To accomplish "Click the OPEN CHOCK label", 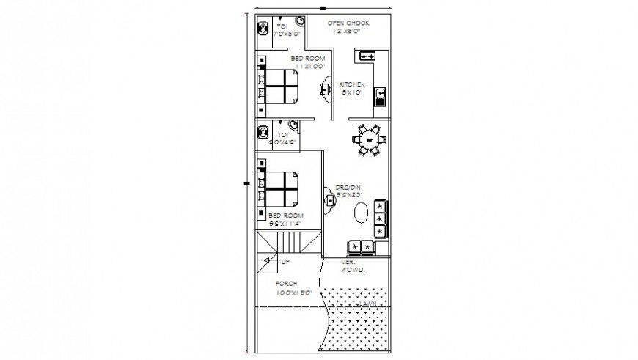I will point(348,23).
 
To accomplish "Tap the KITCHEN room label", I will point(352,84).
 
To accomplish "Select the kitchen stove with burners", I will point(366,55).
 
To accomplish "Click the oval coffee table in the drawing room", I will point(362,212).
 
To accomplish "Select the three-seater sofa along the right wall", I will point(380,218).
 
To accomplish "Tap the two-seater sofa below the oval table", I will point(359,246).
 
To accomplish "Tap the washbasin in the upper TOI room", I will point(299,21).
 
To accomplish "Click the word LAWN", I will point(367,303).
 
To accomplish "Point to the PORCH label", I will point(286,283).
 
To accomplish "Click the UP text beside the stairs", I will point(285,261).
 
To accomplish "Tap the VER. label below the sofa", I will point(348,262).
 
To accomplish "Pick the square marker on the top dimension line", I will point(323,7).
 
